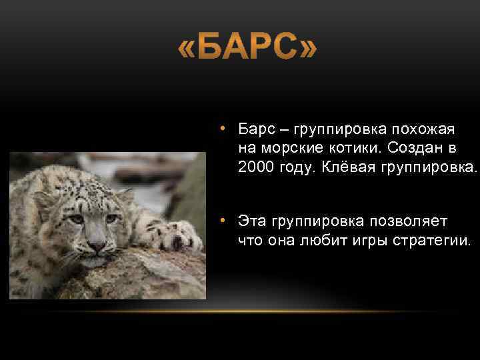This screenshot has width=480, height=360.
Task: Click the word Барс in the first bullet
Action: tap(255, 128)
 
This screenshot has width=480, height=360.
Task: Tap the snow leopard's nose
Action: tap(97, 246)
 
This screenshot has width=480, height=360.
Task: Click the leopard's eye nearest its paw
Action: tap(111, 219)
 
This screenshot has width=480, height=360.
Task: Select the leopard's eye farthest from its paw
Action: tap(77, 219)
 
